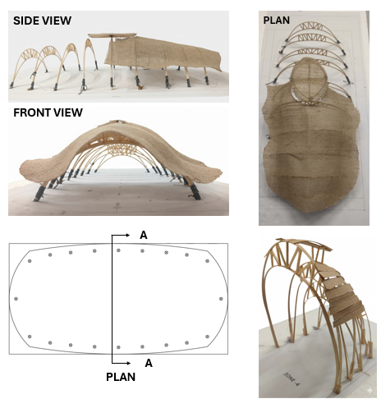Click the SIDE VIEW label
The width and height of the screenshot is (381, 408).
43,21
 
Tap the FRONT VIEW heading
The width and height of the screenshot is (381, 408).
48,112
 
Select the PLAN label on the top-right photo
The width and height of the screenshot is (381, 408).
277,21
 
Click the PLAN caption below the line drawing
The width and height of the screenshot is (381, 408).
121,377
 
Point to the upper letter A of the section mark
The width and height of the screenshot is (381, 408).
144,235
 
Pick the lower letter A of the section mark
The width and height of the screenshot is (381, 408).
149,363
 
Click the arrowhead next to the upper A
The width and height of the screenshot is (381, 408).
127,235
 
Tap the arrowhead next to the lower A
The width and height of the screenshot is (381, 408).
128,363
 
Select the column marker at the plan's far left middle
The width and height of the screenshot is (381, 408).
16,299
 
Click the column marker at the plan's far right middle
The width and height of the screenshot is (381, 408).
221,299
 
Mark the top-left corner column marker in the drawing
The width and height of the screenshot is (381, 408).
30,261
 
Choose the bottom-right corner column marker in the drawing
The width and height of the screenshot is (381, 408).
207,337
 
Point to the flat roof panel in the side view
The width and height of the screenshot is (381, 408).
112,35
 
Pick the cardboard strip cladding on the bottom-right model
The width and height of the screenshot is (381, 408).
339,296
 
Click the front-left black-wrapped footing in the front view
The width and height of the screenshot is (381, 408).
39,194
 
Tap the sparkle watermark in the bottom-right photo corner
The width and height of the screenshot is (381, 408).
370,391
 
